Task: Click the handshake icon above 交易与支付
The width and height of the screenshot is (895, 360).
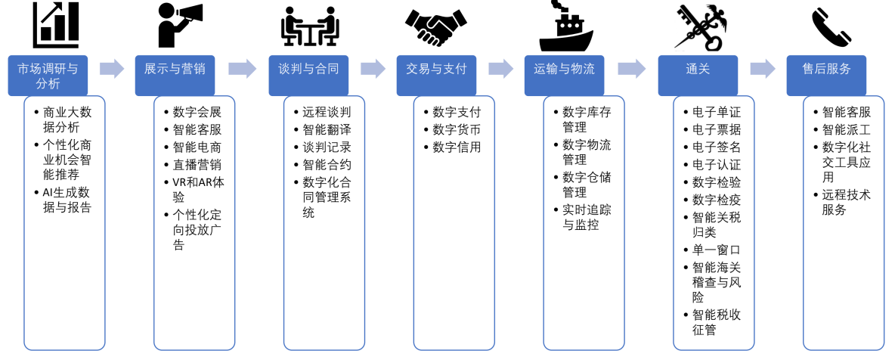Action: tap(435, 28)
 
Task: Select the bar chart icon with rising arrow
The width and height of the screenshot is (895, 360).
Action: tap(55, 25)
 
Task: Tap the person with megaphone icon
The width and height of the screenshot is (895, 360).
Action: tap(178, 25)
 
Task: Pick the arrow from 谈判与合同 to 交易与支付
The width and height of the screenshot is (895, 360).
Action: tap(373, 69)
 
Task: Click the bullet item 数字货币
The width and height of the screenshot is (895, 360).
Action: tap(457, 129)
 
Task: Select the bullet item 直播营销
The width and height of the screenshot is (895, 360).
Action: tap(197, 164)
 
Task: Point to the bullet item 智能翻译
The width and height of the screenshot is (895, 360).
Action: tap(327, 129)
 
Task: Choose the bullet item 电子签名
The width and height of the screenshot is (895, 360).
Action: tap(717, 147)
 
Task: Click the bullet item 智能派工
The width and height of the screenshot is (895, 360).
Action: tap(847, 129)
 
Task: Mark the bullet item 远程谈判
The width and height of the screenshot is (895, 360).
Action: tap(327, 112)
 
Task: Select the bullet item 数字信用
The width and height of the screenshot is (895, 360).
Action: tap(457, 147)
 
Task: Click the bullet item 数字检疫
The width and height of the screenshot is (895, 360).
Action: tap(717, 199)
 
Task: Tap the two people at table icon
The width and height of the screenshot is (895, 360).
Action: tap(308, 26)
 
